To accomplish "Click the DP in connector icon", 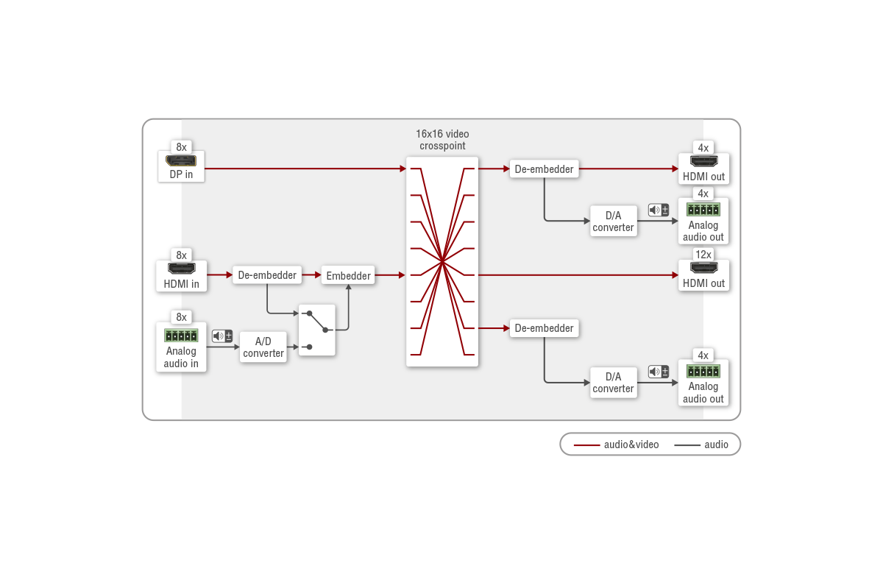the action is (x=181, y=161).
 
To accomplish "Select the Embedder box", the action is (x=348, y=275).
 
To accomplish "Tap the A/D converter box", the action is (x=263, y=347).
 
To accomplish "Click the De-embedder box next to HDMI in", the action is (x=267, y=274).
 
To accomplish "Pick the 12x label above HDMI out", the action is (x=703, y=255).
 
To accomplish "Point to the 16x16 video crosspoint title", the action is (x=442, y=140).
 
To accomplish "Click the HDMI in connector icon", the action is (x=181, y=269).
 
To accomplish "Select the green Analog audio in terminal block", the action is (x=181, y=336).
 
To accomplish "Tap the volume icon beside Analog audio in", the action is (x=222, y=336).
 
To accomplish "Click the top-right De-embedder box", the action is (x=544, y=169).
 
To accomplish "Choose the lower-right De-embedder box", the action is (x=544, y=328).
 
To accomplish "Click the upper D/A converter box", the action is (x=614, y=222).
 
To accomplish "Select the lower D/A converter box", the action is (x=614, y=383).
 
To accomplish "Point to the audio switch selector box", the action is (x=317, y=330).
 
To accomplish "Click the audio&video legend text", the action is (x=631, y=444).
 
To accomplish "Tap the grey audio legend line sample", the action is (x=687, y=445).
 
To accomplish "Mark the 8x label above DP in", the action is (x=181, y=147).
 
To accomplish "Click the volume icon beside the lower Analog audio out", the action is (x=659, y=372).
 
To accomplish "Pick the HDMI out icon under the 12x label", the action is (x=703, y=268).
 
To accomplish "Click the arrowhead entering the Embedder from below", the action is (x=349, y=287).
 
